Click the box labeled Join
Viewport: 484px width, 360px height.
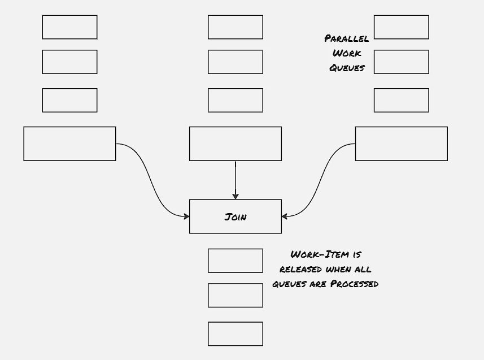(236, 216)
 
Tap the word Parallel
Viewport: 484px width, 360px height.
(347, 38)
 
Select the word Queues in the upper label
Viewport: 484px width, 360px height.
(347, 68)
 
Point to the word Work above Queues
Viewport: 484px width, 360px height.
(347, 53)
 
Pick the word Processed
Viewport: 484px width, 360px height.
(354, 284)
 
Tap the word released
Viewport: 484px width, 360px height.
(300, 269)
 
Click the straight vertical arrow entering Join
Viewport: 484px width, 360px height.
(236, 180)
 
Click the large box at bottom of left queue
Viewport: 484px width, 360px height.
(70, 144)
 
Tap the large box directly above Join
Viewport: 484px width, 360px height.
(236, 144)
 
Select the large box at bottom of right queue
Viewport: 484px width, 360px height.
(402, 144)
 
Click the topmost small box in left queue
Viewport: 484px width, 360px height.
(70, 27)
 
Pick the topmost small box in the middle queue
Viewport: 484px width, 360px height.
(236, 27)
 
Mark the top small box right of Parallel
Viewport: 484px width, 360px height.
(402, 27)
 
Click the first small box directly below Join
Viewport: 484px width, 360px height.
(236, 261)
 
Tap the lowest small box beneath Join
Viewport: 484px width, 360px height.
(236, 334)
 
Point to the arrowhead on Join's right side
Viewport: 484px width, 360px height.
(285, 216)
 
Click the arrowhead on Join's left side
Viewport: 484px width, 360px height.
(186, 216)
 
